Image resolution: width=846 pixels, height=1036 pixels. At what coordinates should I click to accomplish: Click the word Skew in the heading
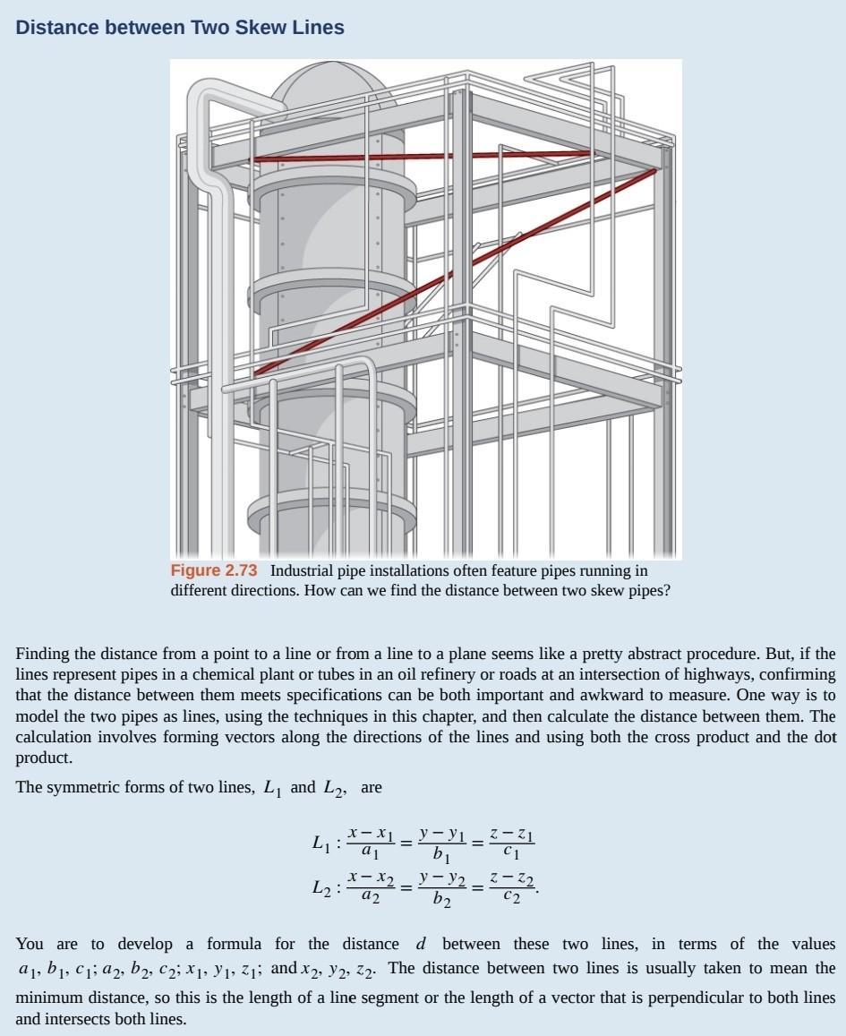tap(261, 28)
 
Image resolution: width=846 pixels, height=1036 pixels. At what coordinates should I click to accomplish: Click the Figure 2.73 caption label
tap(214, 571)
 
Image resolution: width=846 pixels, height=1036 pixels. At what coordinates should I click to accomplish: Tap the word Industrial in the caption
tap(303, 571)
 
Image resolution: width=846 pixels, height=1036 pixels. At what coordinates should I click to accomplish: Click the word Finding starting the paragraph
tap(43, 655)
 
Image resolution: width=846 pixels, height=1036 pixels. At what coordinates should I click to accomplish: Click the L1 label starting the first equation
tap(321, 843)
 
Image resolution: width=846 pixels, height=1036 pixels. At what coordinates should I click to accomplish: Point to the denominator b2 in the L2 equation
tap(442, 900)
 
